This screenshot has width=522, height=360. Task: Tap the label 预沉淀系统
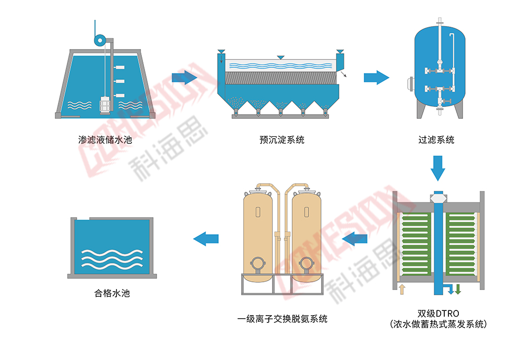point(282,140)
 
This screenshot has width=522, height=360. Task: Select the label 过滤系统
point(436,140)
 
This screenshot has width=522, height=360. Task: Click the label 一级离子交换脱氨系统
point(282,318)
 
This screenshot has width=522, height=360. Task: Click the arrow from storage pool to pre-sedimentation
point(184,78)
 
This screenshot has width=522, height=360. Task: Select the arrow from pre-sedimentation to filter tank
point(376,78)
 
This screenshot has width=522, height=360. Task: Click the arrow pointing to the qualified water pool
point(206,238)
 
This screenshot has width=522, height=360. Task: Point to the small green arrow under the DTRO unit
point(458,289)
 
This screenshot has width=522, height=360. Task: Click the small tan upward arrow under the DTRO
point(401,289)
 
